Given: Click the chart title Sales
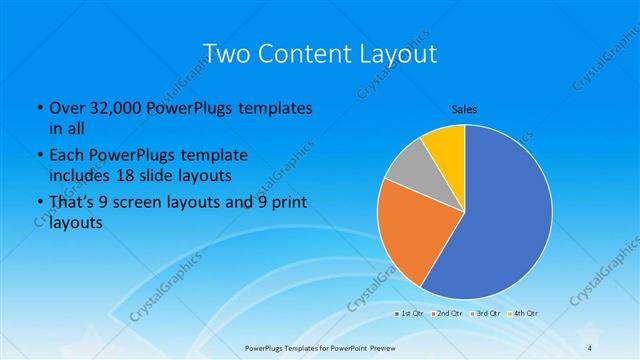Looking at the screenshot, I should point(464,107).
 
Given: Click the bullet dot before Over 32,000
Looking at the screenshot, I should point(38,108).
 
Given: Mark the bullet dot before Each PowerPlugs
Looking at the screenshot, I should point(38,156).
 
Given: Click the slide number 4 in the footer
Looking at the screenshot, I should point(591,348).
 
